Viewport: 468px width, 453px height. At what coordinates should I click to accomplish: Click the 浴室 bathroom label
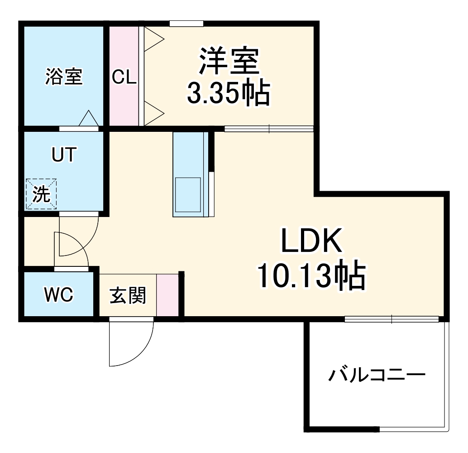[64, 76]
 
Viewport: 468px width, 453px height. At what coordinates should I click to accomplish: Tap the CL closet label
[124, 77]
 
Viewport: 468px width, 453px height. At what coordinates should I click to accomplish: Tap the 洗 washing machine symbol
[41, 194]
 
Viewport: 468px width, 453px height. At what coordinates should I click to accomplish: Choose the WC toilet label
[58, 295]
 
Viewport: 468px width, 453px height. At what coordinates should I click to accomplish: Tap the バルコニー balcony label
[377, 376]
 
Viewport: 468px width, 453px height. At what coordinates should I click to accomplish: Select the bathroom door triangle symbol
[88, 119]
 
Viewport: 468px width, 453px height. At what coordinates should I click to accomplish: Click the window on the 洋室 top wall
[186, 23]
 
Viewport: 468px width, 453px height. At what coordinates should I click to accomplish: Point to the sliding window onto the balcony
[392, 319]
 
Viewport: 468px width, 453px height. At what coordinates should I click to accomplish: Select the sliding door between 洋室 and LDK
[269, 129]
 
